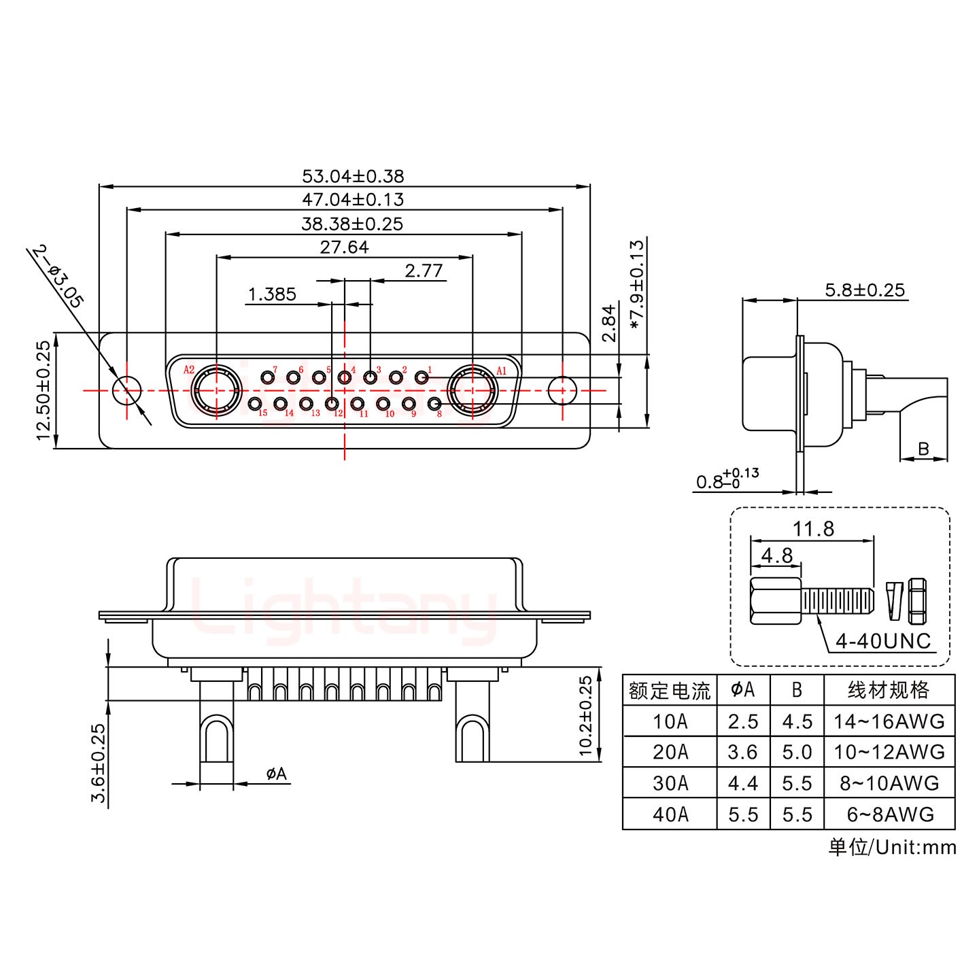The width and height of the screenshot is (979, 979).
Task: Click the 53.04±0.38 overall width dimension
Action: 353,176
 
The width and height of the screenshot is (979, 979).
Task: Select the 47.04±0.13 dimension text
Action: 353,199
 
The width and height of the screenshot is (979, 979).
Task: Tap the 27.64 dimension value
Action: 344,247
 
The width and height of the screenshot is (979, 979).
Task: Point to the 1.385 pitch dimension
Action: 272,294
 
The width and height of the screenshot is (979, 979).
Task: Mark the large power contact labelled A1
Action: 473,391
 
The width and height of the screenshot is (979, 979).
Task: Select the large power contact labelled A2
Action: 216,391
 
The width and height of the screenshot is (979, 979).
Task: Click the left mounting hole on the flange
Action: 126,390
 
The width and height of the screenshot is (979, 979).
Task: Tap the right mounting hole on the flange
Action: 562,390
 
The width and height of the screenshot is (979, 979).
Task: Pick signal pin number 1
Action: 422,377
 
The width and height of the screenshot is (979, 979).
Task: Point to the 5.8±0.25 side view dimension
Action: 864,290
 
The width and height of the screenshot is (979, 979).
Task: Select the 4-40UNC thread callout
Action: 882,640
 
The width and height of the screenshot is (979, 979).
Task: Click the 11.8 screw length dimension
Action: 813,529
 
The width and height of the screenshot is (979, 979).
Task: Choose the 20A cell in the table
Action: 670,752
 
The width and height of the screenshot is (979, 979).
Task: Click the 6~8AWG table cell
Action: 889,814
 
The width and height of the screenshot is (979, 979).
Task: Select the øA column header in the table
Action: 742,690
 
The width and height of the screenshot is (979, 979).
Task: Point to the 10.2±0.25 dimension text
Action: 585,716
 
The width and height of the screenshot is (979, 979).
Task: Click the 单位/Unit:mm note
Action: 892,847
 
